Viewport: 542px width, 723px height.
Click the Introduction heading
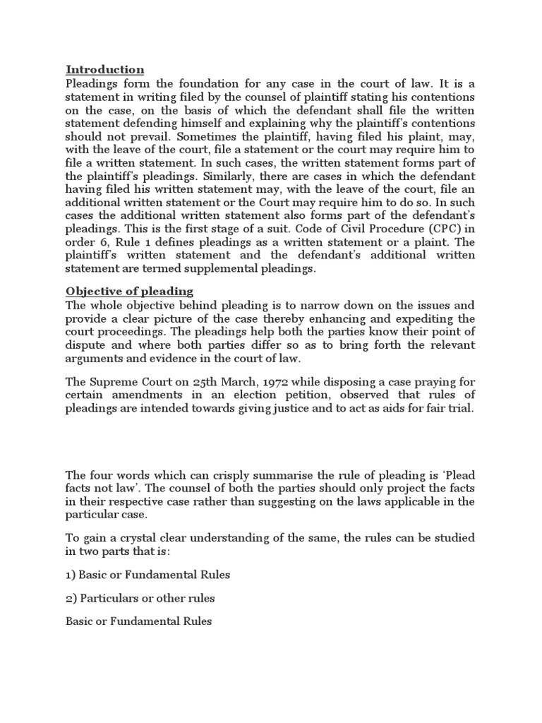click(104, 69)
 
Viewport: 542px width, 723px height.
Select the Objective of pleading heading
click(129, 291)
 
